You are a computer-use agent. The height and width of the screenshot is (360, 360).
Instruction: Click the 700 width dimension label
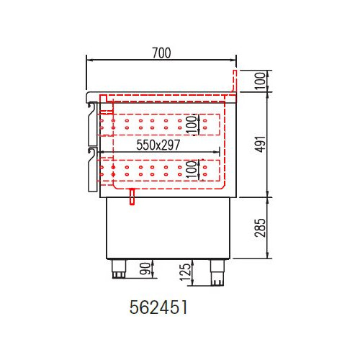(x=161, y=53)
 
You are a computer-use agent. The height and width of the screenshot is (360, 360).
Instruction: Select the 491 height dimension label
(x=261, y=144)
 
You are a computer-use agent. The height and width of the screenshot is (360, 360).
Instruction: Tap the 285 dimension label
(x=261, y=228)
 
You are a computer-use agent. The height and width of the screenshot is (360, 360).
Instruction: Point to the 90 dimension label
(x=145, y=269)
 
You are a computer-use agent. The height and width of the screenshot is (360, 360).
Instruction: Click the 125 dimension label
(x=185, y=272)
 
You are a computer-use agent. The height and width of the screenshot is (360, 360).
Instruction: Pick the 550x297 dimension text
(x=158, y=145)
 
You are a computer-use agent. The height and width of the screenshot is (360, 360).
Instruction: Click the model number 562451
(x=158, y=307)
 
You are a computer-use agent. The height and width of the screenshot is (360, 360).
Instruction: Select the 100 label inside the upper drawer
(x=192, y=125)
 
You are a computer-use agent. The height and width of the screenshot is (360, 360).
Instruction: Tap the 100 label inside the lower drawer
(x=192, y=169)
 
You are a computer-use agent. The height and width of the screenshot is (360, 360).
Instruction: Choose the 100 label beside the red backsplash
(x=260, y=81)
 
